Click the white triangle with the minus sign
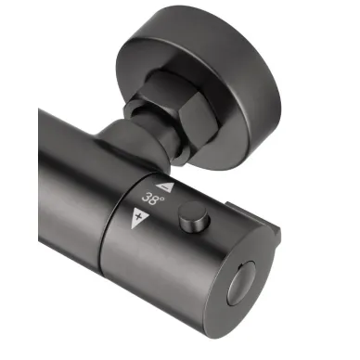point(166,187)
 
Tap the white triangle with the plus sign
point(138,217)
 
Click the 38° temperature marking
point(152,199)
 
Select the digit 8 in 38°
point(154,200)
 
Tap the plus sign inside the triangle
point(138,216)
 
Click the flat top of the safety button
point(193,211)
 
